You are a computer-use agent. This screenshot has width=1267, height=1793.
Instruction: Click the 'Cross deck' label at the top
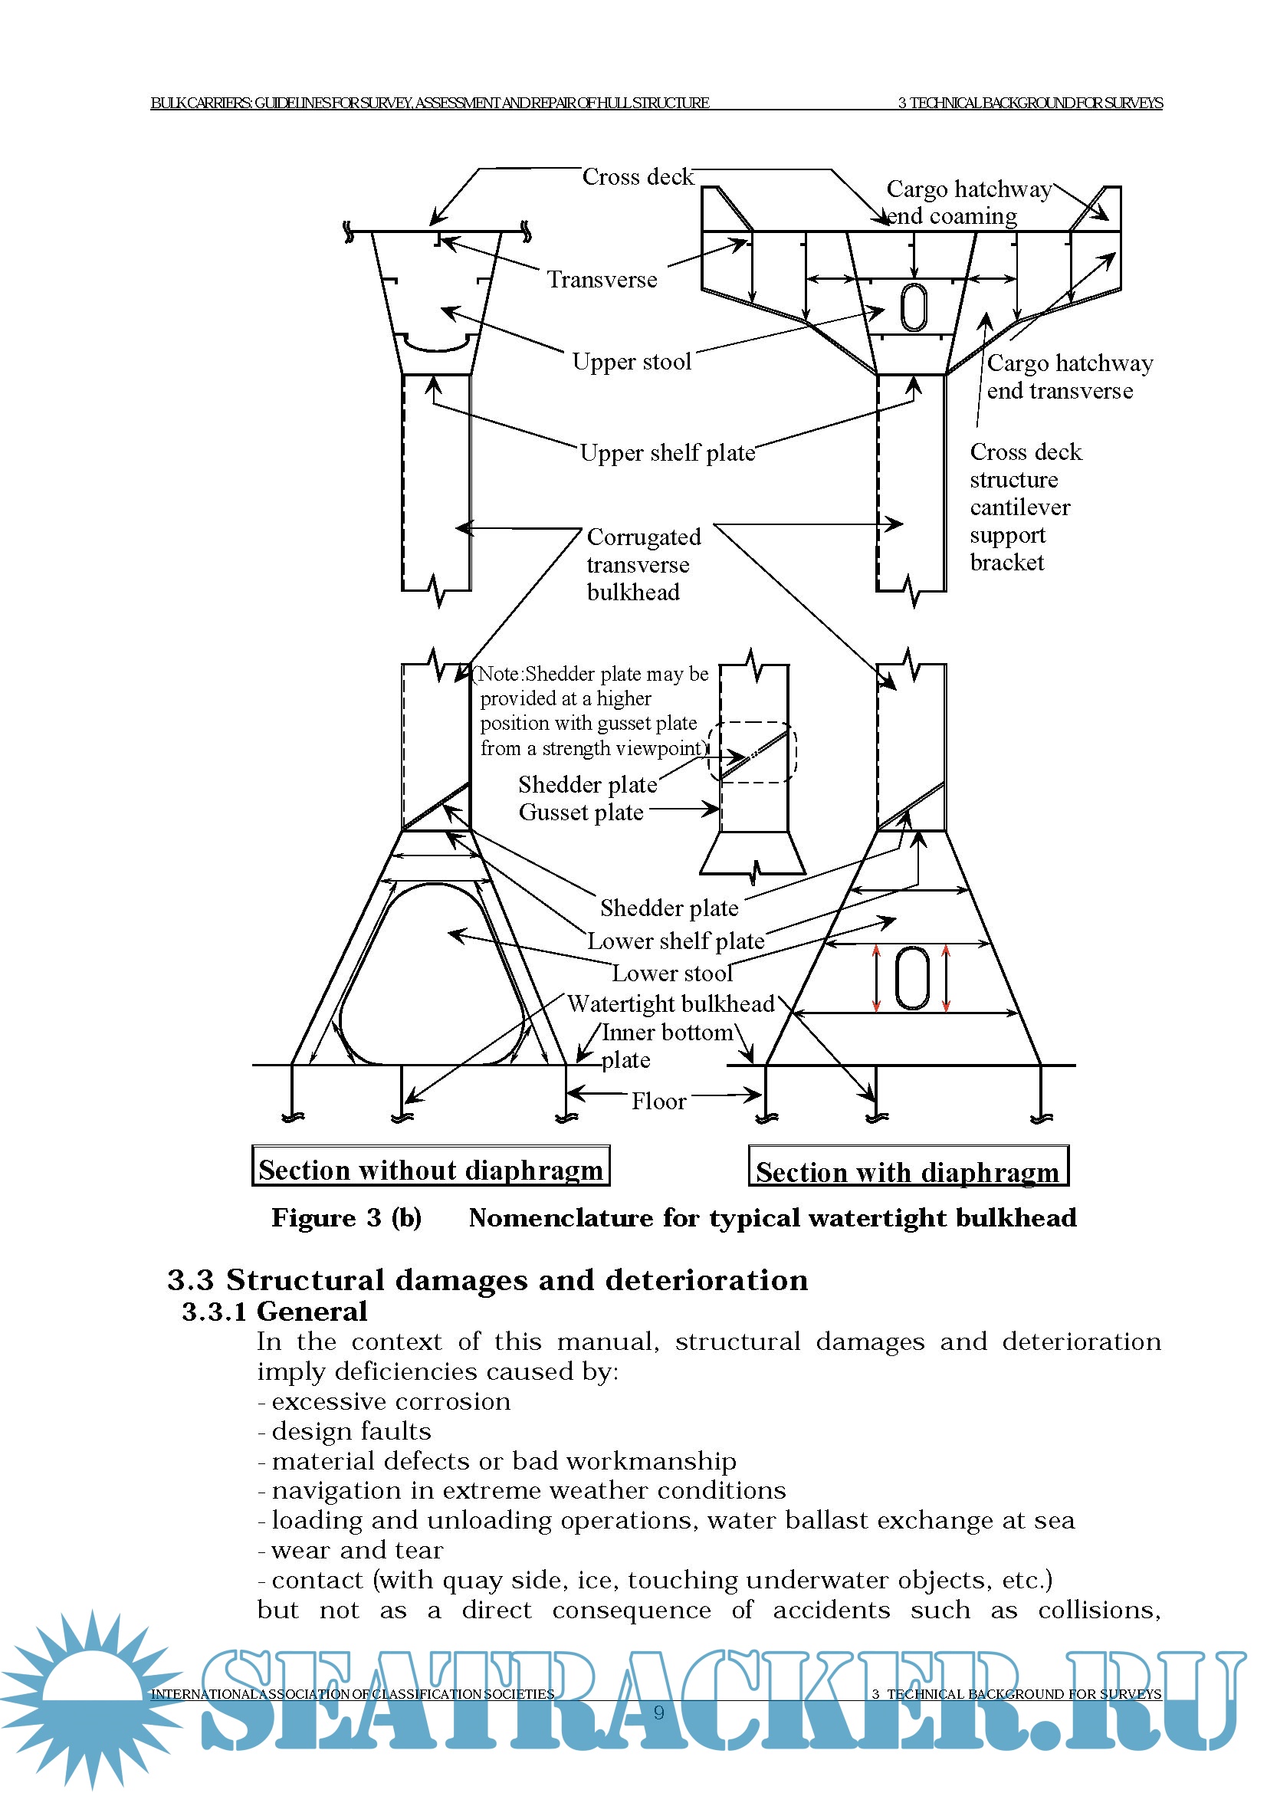637,177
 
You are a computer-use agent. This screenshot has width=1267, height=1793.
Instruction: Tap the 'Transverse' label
601,280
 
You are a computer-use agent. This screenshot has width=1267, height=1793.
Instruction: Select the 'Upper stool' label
632,362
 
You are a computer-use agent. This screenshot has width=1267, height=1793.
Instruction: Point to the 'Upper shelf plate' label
668,453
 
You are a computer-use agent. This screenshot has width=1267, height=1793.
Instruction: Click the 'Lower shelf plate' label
675,941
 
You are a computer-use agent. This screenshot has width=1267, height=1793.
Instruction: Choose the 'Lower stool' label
672,973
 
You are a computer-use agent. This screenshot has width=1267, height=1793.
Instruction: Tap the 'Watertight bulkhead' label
671,1003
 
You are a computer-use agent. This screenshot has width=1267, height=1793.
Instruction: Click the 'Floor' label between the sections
658,1101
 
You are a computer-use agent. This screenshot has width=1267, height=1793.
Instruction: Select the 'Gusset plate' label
581,812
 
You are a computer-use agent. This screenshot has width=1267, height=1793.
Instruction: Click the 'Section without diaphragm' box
431,1169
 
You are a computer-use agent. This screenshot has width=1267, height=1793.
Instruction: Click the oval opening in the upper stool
914,307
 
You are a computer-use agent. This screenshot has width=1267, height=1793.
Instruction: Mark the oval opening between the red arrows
911,978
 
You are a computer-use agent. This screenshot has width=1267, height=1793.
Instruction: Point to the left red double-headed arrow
876,978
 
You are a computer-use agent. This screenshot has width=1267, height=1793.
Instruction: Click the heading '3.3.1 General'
275,1312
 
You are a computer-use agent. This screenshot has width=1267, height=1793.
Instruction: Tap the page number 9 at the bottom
659,1713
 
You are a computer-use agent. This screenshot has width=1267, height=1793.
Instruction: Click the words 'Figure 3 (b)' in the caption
346,1218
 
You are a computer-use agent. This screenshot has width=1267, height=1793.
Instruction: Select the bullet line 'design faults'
350,1430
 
